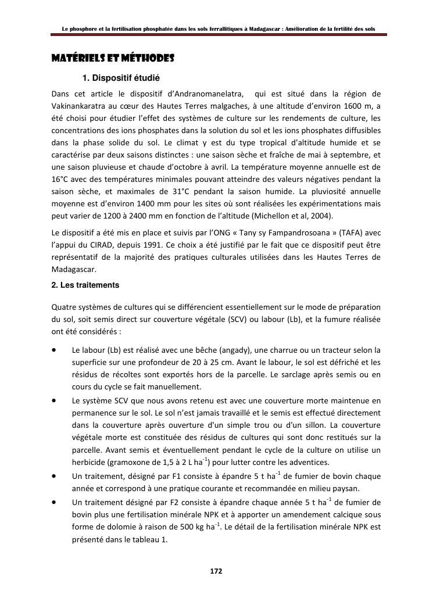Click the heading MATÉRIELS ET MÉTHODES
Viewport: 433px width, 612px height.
click(x=113, y=59)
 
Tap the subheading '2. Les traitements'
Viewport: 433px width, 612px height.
click(x=85, y=285)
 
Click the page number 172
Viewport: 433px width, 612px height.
click(x=216, y=571)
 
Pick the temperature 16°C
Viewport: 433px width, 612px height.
click(x=60, y=179)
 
